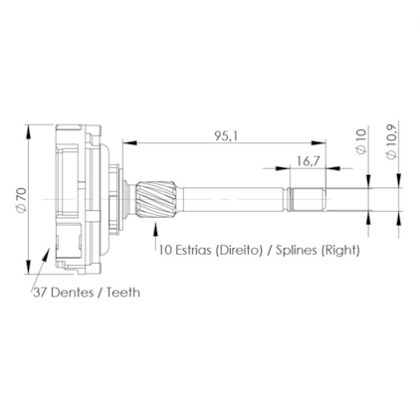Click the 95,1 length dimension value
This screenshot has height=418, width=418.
[x=225, y=136]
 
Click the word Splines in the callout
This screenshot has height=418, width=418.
[x=288, y=253]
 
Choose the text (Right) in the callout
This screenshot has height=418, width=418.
[x=335, y=253]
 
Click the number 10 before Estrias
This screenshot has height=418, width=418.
[x=164, y=253]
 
